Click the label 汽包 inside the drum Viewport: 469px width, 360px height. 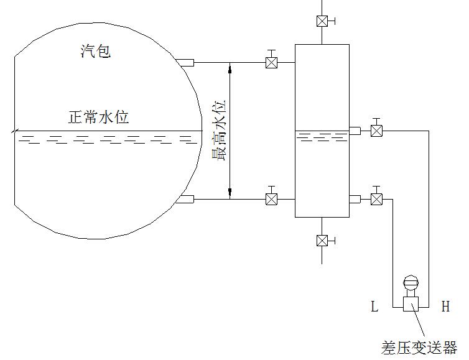(x=96, y=51)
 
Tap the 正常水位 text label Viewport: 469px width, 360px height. (x=99, y=117)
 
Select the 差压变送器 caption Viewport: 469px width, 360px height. (x=419, y=346)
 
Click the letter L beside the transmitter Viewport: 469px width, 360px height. (x=374, y=306)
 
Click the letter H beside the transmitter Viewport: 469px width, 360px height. (x=445, y=306)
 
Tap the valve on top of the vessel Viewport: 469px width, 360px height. (x=322, y=21)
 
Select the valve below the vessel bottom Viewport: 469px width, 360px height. (x=322, y=240)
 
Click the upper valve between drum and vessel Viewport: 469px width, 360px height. (x=271, y=63)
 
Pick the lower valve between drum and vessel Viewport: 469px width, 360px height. (x=271, y=199)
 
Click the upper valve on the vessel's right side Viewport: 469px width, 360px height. (x=376, y=131)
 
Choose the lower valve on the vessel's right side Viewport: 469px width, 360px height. (x=376, y=199)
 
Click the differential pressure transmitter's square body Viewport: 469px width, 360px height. (x=411, y=303)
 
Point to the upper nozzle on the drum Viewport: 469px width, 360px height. (x=185, y=62)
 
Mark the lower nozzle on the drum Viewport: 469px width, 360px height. (x=185, y=199)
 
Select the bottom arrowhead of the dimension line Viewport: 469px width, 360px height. (x=230, y=195)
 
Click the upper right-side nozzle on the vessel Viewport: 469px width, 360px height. (x=355, y=131)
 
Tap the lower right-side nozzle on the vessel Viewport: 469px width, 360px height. (x=355, y=199)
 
